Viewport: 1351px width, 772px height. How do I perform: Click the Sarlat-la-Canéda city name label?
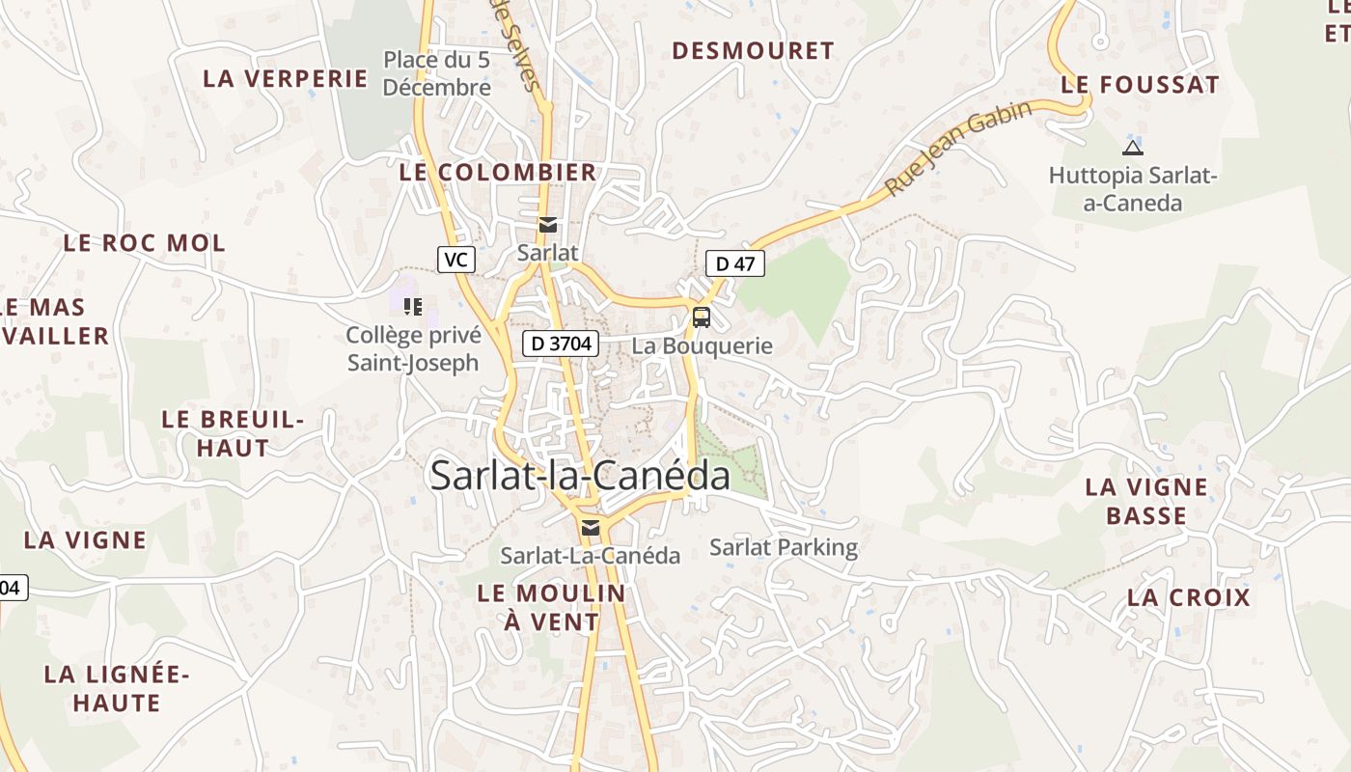(x=580, y=476)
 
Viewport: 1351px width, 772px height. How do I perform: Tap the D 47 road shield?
(x=735, y=263)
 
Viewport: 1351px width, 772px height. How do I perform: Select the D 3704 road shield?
(x=562, y=344)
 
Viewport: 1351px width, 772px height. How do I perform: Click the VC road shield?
(x=456, y=260)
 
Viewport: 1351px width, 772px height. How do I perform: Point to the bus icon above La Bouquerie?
(x=702, y=317)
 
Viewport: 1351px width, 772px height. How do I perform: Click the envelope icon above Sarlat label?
(x=548, y=226)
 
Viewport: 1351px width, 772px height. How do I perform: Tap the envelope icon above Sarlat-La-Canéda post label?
(x=590, y=528)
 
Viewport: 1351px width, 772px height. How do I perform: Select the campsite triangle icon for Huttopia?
(x=1132, y=148)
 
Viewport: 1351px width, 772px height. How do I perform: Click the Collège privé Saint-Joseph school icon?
(x=413, y=307)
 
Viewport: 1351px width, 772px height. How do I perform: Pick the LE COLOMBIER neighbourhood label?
(x=498, y=173)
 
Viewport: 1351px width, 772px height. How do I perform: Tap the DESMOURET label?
(x=753, y=51)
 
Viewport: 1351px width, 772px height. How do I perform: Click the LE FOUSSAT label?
(x=1140, y=85)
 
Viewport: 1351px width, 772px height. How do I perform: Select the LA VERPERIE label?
(x=286, y=79)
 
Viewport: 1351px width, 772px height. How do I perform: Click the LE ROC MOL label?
(x=145, y=243)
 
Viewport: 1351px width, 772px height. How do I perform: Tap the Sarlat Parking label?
(x=784, y=548)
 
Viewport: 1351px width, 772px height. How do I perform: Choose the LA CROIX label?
(x=1189, y=597)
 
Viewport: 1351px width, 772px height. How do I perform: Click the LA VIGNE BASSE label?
(x=1146, y=501)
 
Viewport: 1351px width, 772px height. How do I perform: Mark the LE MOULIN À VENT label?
(x=552, y=607)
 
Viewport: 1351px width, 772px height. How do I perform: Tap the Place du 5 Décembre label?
(x=436, y=73)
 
